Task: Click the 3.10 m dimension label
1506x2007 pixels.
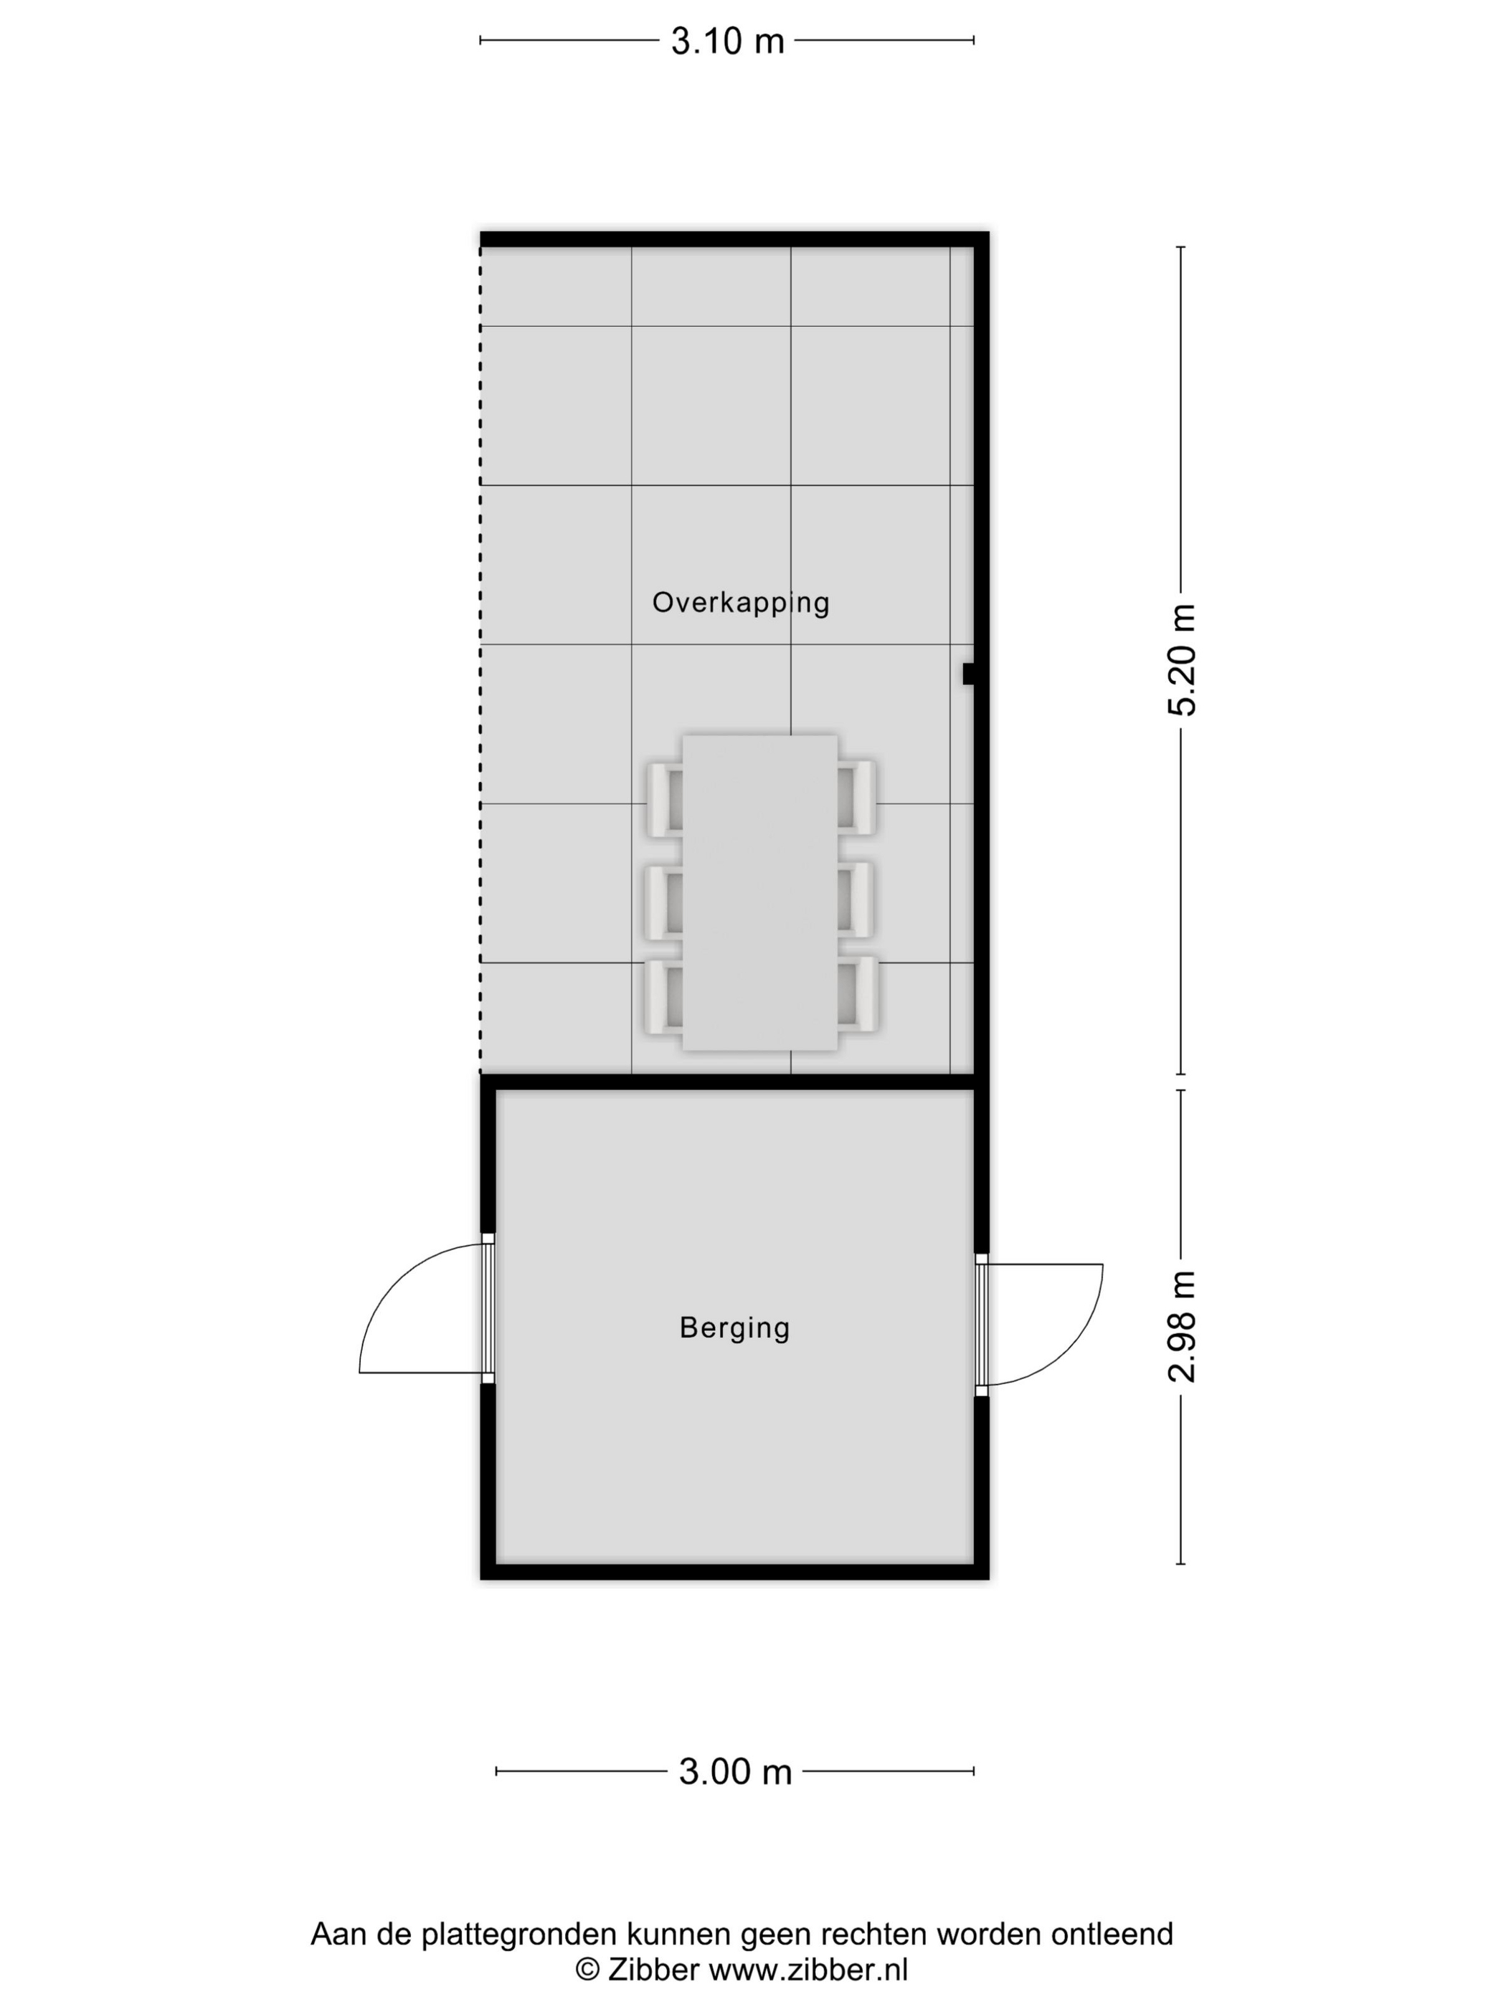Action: point(727,42)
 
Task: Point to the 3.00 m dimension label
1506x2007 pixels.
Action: point(735,1771)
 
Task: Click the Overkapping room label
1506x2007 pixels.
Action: point(741,604)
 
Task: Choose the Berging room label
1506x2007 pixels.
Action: point(734,1328)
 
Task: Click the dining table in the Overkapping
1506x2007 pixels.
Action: point(759,893)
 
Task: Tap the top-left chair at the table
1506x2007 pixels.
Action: point(666,798)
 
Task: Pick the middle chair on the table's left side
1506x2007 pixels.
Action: point(665,902)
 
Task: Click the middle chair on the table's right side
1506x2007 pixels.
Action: point(855,899)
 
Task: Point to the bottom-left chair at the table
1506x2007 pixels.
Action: point(665,996)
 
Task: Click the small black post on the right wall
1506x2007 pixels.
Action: point(969,674)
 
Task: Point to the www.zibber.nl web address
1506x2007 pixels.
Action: point(808,1970)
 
